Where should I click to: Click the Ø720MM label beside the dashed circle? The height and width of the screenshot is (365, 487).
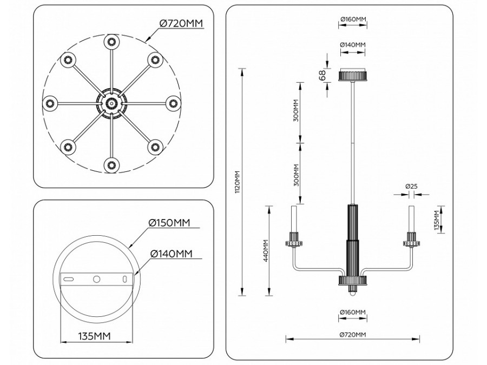click(x=181, y=23)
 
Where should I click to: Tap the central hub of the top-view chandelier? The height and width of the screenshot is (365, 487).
click(x=111, y=102)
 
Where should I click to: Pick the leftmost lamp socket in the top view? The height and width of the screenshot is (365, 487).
click(x=50, y=102)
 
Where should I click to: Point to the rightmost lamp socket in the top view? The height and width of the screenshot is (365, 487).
click(x=173, y=102)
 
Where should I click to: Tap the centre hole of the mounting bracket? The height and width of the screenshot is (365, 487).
click(x=96, y=279)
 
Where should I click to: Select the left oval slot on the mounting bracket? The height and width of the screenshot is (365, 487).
click(x=69, y=279)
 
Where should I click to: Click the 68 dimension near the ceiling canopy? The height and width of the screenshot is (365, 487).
click(x=323, y=75)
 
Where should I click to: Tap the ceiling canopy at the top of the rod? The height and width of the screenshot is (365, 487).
click(x=353, y=75)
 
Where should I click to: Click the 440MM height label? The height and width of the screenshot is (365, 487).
click(x=265, y=251)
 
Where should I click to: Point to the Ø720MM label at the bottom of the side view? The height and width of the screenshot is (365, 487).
click(x=353, y=334)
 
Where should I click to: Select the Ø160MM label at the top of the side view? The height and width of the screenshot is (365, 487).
click(x=353, y=20)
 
